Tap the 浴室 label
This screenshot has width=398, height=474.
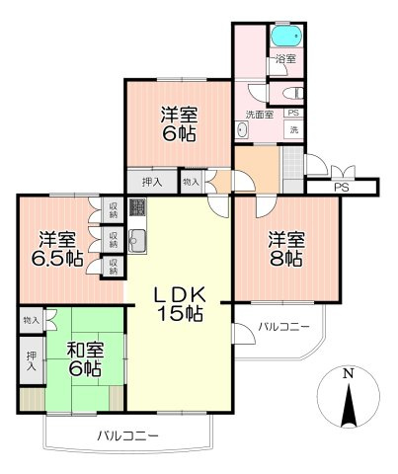pyautogui.click(x=284, y=61)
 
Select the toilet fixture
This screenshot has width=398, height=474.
pyautogui.click(x=290, y=92)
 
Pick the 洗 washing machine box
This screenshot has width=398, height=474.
pyautogui.click(x=292, y=130)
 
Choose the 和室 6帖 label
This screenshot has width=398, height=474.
pyautogui.click(x=84, y=357)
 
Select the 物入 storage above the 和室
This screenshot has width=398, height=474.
pyautogui.click(x=31, y=320)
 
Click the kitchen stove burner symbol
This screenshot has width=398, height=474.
pyautogui.click(x=138, y=208)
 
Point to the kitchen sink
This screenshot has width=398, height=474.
pyautogui.click(x=137, y=241)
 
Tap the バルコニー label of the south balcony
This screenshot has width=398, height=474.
pyautogui.click(x=127, y=434)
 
